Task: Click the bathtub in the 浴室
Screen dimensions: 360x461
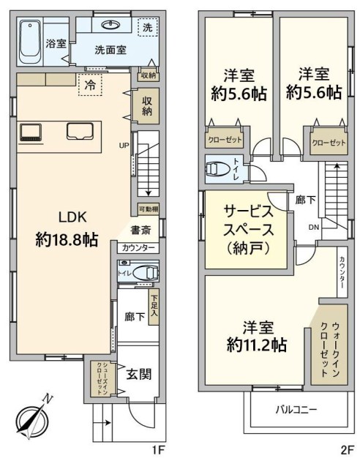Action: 30,42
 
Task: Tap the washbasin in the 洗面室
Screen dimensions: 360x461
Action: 111,25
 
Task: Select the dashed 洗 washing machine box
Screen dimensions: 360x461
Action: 148,27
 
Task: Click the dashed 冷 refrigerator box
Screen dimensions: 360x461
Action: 90,85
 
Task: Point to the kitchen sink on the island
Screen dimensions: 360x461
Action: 80,131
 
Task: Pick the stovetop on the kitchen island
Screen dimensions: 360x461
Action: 30,132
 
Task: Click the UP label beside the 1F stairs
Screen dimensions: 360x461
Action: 124,145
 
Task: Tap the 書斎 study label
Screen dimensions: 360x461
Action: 140,230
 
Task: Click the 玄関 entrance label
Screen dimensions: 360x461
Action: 139,375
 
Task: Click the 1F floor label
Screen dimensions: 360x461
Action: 158,450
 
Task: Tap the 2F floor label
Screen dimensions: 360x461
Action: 347,450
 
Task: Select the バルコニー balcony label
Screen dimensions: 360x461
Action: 296,410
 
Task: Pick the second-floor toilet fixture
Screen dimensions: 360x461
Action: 218,169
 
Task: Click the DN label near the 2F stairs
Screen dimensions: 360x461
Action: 314,227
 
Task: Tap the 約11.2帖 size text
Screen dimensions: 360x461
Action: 257,345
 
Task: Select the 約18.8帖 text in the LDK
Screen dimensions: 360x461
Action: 67,239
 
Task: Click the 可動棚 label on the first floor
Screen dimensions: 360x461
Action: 149,209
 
